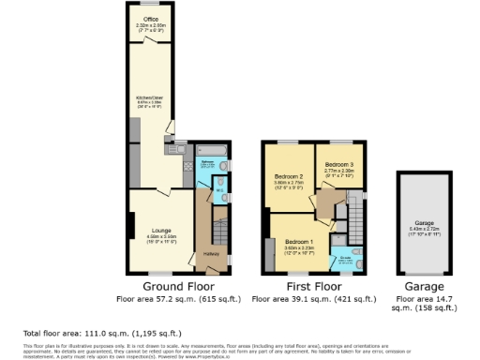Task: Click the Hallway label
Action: coord(211,254)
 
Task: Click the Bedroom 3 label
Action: coord(339,165)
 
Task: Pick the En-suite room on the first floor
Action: coord(346,256)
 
